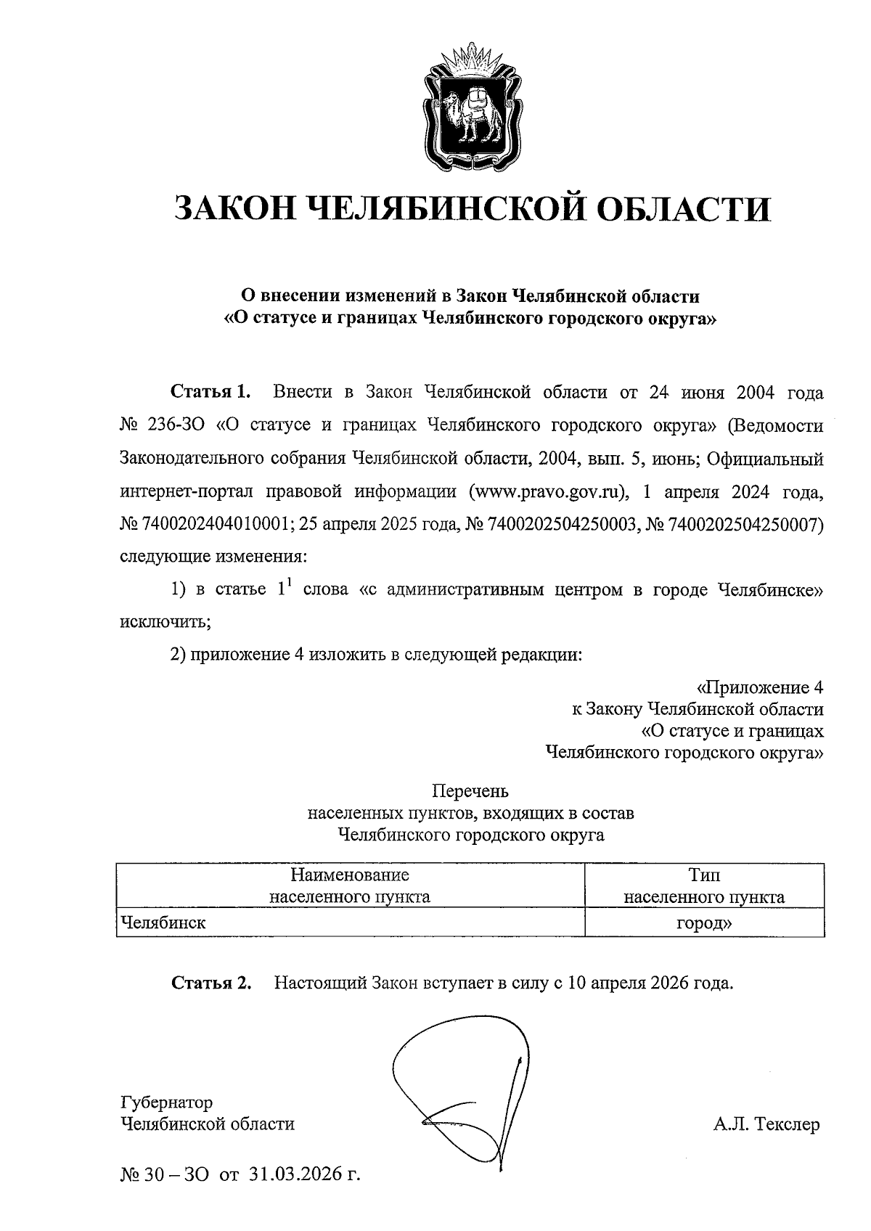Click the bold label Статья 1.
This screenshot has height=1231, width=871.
(210, 393)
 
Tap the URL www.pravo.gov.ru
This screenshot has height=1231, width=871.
(549, 491)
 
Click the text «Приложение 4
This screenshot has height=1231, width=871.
(759, 687)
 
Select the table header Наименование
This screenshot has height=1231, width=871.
(350, 875)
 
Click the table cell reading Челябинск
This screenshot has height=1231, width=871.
(163, 923)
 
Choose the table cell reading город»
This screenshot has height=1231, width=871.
(704, 923)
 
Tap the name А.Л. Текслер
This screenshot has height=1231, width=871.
(766, 1124)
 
